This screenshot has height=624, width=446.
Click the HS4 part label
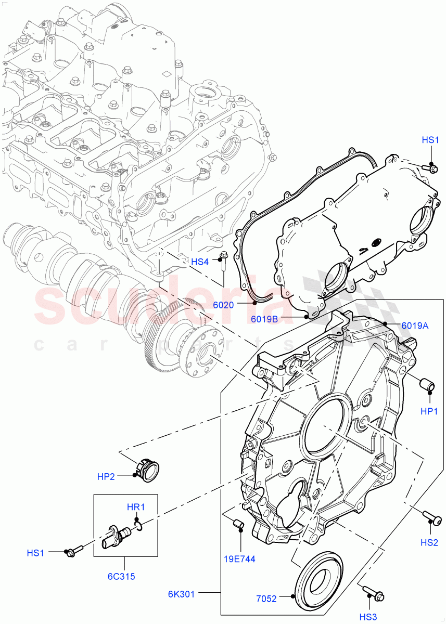(x=200, y=262)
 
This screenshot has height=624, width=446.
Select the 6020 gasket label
(x=224, y=305)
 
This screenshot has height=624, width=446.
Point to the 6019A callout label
(x=415, y=326)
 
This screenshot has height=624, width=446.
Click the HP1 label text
(x=430, y=411)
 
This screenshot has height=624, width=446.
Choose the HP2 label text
(x=106, y=477)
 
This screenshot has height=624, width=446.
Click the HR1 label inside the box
(x=136, y=507)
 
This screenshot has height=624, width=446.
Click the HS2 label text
(x=429, y=543)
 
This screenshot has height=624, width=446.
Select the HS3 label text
(x=369, y=617)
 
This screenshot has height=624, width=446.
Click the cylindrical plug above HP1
(x=427, y=386)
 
